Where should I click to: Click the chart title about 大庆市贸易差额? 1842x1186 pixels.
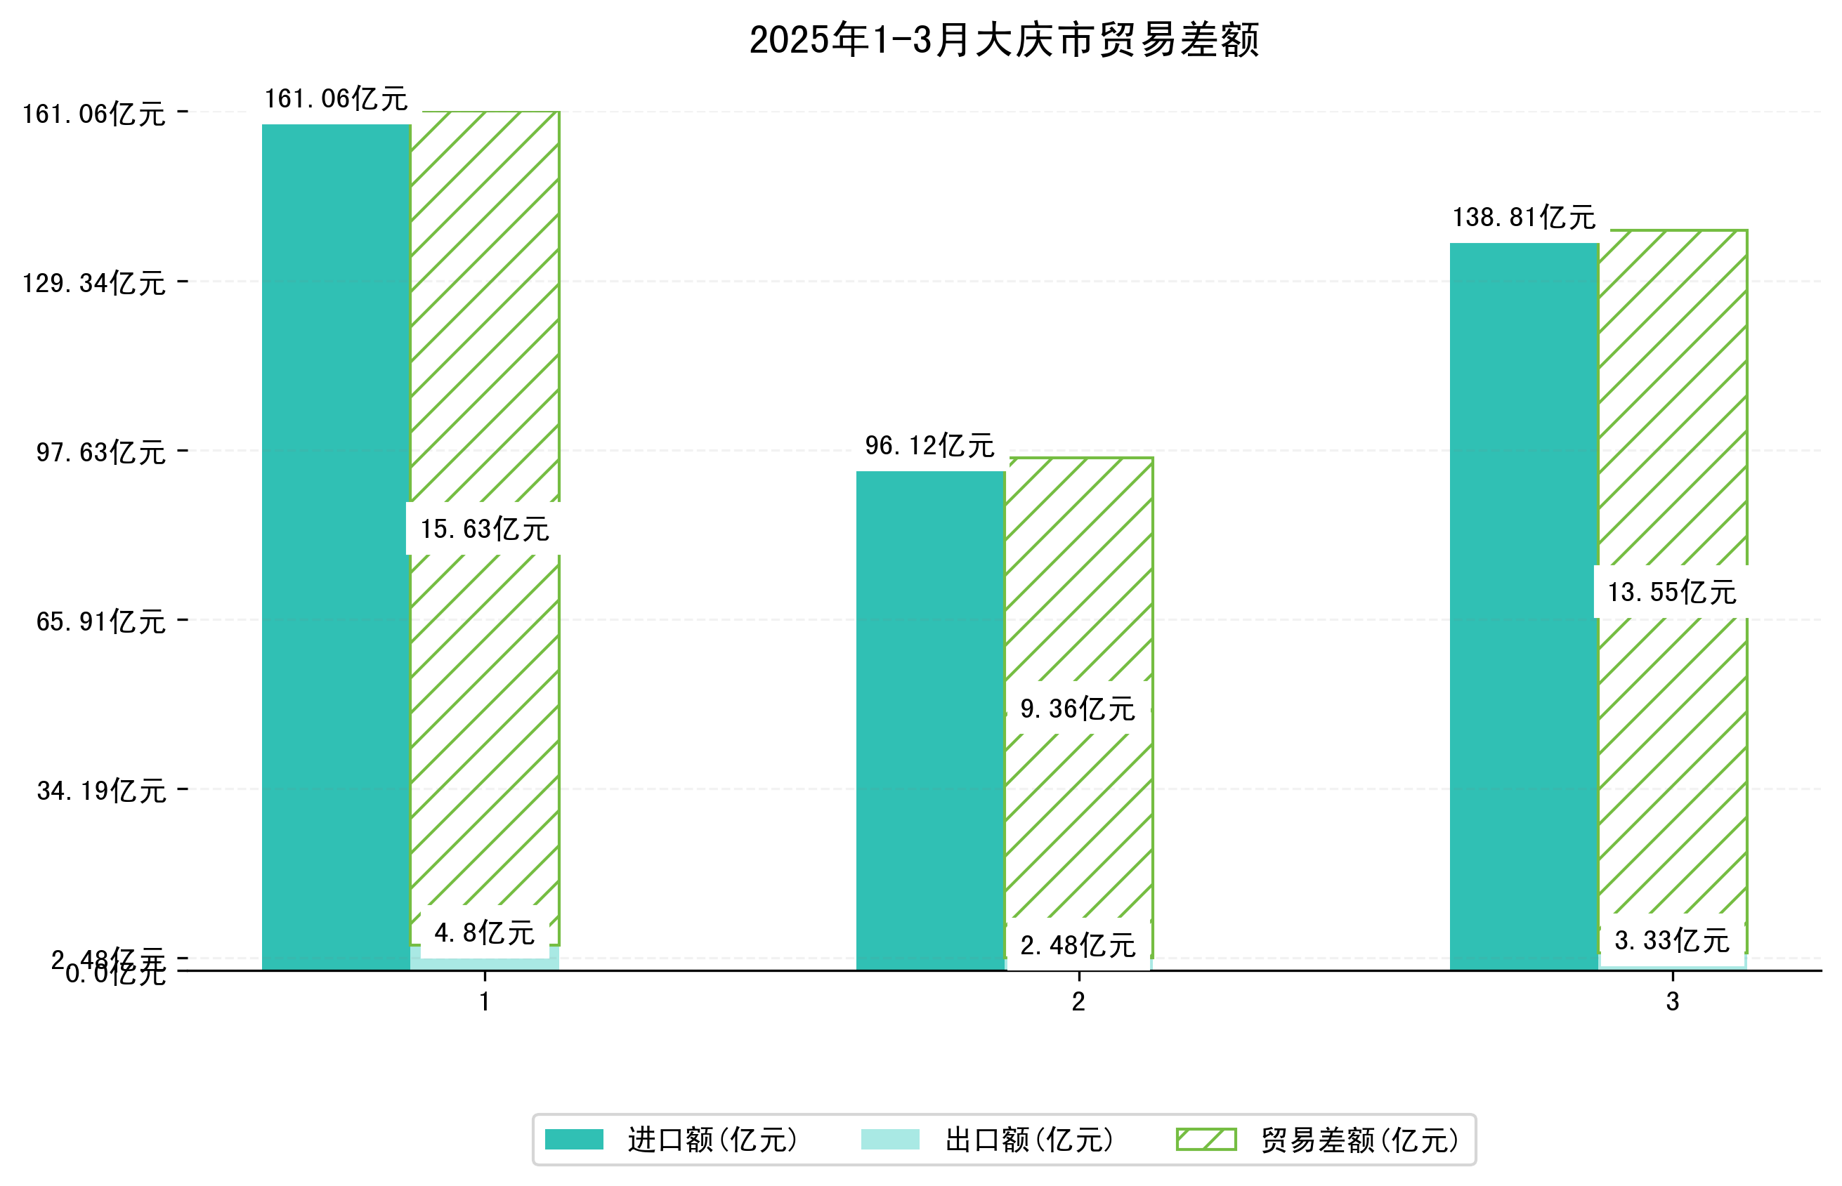tap(1003, 40)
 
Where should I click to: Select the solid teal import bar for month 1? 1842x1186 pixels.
tap(336, 547)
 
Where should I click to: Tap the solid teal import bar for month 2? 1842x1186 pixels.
tap(930, 720)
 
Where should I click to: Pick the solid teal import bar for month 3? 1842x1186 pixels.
tap(1524, 606)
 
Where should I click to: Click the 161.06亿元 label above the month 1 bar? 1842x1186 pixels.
tap(336, 98)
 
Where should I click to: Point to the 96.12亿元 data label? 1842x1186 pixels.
tap(930, 445)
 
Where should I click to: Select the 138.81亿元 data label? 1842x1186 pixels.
tap(1524, 217)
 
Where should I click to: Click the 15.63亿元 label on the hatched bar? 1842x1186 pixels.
tap(484, 529)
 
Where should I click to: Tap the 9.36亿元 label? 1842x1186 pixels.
tap(1077, 709)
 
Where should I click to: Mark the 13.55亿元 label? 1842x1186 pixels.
tap(1671, 592)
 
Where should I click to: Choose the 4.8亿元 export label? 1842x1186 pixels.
tap(484, 933)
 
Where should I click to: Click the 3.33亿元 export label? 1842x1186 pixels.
tap(1671, 940)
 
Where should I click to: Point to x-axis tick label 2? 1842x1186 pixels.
tap(1078, 1002)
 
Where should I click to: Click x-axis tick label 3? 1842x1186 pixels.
tap(1672, 1002)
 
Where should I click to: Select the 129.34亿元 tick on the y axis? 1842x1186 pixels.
tap(93, 284)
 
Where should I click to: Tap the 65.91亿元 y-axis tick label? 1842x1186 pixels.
tap(100, 621)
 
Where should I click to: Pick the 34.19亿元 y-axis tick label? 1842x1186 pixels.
tap(101, 791)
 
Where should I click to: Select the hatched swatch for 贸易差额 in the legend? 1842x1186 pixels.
tap(1206, 1139)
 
